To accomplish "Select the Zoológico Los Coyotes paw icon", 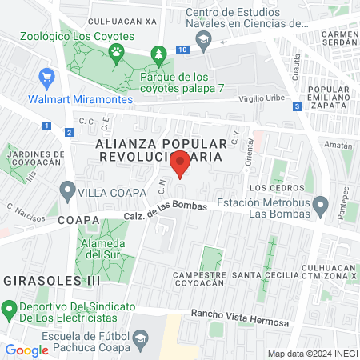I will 117,54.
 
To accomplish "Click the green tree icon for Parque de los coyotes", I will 158,54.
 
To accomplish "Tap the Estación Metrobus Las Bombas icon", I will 320,207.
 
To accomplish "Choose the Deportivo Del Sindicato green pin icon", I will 9,308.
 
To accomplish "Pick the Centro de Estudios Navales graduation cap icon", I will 204,40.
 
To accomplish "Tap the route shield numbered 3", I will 297,106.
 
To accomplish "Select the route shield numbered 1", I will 47,126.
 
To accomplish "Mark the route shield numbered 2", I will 70,132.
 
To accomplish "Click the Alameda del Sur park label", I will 103,250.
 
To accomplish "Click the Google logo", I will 26,350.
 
